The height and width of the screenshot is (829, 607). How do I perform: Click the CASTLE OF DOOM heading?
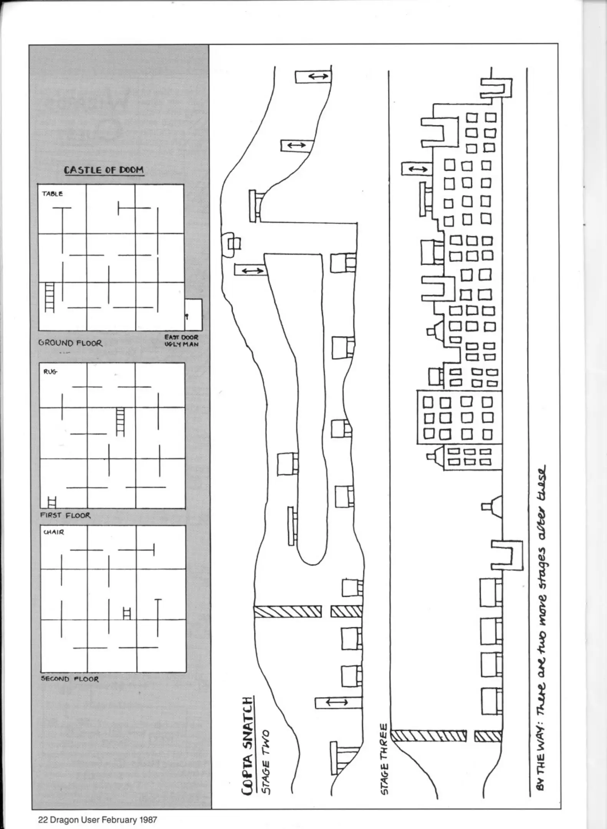pyautogui.click(x=104, y=170)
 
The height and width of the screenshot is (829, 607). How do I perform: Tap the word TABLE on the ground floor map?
pyautogui.click(x=53, y=194)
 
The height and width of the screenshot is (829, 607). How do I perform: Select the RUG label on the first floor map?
pyautogui.click(x=50, y=372)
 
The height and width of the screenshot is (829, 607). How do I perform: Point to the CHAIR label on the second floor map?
pyautogui.click(x=54, y=532)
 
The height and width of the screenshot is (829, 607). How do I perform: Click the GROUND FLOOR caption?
pyautogui.click(x=70, y=343)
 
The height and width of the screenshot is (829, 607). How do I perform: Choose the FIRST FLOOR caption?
pyautogui.click(x=65, y=515)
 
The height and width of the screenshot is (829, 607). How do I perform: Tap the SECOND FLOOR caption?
pyautogui.click(x=70, y=679)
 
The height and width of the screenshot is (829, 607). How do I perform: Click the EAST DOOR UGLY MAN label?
pyautogui.click(x=182, y=341)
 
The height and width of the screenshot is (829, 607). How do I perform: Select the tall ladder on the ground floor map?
pyautogui.click(x=49, y=297)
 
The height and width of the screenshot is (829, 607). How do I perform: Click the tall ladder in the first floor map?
pyautogui.click(x=120, y=422)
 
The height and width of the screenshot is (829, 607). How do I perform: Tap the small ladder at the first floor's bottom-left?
pyautogui.click(x=52, y=502)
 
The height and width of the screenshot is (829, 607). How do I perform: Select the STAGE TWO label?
pyautogui.click(x=265, y=763)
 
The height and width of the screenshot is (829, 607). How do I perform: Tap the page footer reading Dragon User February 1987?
pyautogui.click(x=98, y=820)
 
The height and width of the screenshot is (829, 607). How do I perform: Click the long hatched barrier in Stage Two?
pyautogui.click(x=288, y=611)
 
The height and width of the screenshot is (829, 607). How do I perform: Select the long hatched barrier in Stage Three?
pyautogui.click(x=428, y=736)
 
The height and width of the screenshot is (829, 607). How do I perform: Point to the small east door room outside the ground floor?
pyautogui.click(x=193, y=315)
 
